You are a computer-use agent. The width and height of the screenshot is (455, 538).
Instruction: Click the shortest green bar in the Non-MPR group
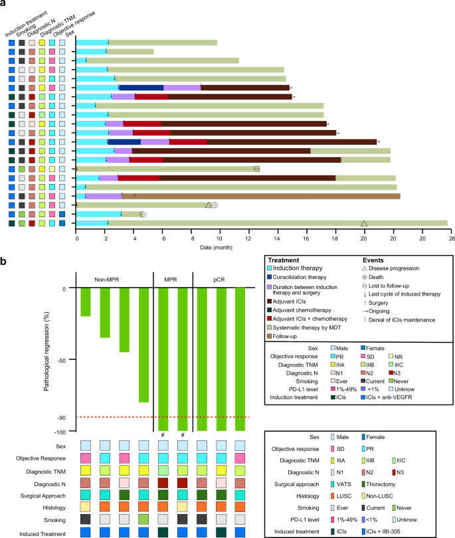(85, 302)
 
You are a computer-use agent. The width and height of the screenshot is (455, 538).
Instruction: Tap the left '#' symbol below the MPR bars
(163, 436)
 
